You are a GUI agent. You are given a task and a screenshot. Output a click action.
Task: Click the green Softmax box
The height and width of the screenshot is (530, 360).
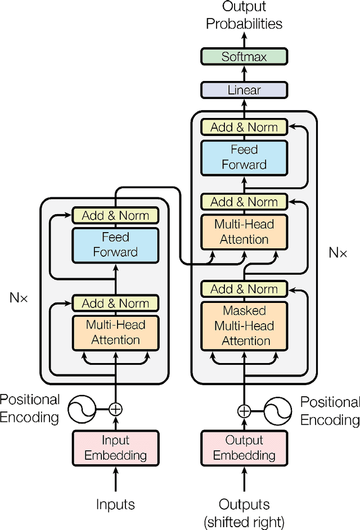pyautogui.click(x=244, y=56)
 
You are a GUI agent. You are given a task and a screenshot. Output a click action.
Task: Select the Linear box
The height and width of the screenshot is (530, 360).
pyautogui.click(x=244, y=90)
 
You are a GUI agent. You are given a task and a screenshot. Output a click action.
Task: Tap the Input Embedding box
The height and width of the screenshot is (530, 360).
pyautogui.click(x=115, y=448)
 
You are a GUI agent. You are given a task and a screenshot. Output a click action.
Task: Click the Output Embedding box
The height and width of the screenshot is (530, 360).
pyautogui.click(x=244, y=448)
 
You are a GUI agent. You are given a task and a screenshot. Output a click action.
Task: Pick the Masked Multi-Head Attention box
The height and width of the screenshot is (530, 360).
pyautogui.click(x=244, y=325)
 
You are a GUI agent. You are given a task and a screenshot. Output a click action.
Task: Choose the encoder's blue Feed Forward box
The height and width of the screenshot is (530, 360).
pyautogui.click(x=115, y=244)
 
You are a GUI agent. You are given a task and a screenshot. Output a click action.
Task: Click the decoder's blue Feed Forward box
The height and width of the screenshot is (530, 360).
pyautogui.click(x=244, y=157)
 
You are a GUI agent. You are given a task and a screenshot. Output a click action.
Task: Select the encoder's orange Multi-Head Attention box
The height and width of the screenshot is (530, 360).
pyautogui.click(x=115, y=332)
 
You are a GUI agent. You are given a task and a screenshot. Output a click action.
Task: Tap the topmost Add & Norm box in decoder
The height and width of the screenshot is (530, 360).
pyautogui.click(x=244, y=127)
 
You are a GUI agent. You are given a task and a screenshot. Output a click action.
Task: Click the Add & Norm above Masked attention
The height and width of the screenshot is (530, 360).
pyautogui.click(x=244, y=289)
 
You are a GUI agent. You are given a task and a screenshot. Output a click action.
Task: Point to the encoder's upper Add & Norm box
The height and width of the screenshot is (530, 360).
pyautogui.click(x=115, y=215)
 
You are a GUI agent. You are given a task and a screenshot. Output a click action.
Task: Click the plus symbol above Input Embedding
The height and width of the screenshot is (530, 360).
pyautogui.click(x=115, y=409)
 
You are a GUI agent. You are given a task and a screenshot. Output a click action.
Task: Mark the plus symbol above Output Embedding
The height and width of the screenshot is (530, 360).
pyautogui.click(x=244, y=411)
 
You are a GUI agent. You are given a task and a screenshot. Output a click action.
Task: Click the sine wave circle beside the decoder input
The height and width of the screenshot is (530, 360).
pyautogui.click(x=278, y=411)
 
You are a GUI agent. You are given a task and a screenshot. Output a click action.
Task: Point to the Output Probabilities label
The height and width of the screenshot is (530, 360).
pyautogui.click(x=244, y=16)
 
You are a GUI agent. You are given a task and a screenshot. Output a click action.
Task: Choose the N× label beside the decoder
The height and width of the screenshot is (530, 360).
pyautogui.click(x=337, y=252)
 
